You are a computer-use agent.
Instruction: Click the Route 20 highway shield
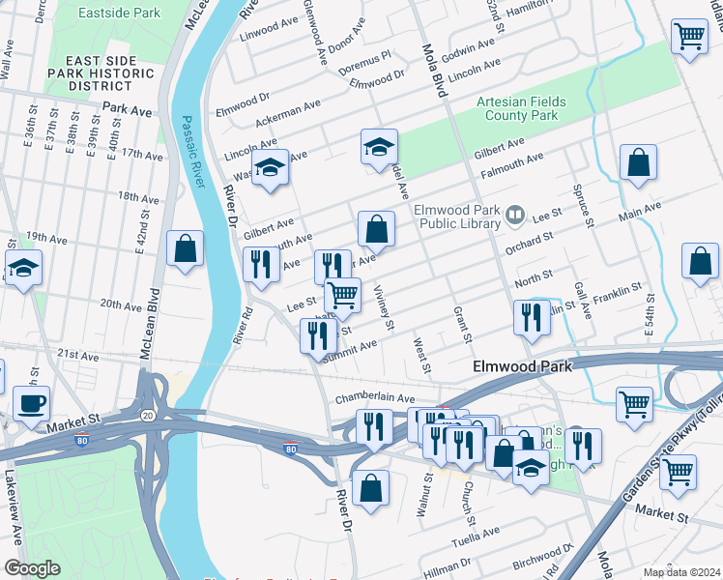[x=147, y=414]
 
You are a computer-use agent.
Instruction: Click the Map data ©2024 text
[x=681, y=571]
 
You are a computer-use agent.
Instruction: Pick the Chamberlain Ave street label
[x=375, y=398]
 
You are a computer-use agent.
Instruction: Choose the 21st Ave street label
[x=78, y=356]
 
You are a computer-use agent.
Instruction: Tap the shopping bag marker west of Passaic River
[x=185, y=248]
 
